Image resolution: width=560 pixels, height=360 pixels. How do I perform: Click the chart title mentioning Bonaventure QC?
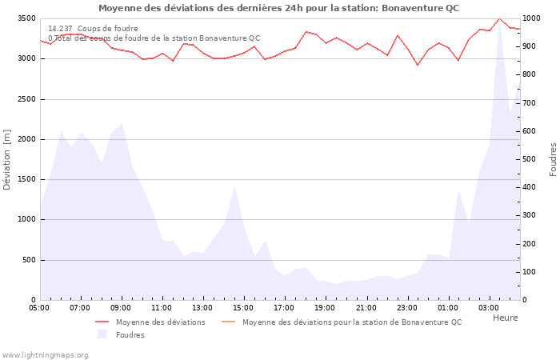click(x=278, y=8)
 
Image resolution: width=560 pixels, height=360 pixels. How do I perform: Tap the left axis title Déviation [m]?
click(x=7, y=159)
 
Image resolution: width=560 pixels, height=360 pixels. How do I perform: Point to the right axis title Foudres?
click(x=553, y=159)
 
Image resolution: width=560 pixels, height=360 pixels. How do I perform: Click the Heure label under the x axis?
click(x=505, y=318)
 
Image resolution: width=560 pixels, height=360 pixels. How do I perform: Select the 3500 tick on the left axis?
click(x=26, y=18)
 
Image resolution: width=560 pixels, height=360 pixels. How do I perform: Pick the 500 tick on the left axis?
click(x=28, y=260)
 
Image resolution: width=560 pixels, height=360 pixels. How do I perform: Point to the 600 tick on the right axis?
click(x=530, y=131)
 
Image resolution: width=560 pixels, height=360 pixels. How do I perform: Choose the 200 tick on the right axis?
click(x=530, y=244)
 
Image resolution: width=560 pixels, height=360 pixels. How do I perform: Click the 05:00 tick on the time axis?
click(x=39, y=307)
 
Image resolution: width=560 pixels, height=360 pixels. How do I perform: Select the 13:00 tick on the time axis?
click(x=202, y=307)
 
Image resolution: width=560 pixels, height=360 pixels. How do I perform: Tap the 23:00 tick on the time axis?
click(x=406, y=307)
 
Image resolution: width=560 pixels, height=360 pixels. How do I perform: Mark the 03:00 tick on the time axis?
click(x=488, y=307)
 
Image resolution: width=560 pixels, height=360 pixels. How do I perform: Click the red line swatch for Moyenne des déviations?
click(x=102, y=322)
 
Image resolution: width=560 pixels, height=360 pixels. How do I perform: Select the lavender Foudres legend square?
click(x=102, y=334)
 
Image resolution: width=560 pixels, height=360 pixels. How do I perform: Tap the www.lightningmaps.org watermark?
click(x=44, y=354)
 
